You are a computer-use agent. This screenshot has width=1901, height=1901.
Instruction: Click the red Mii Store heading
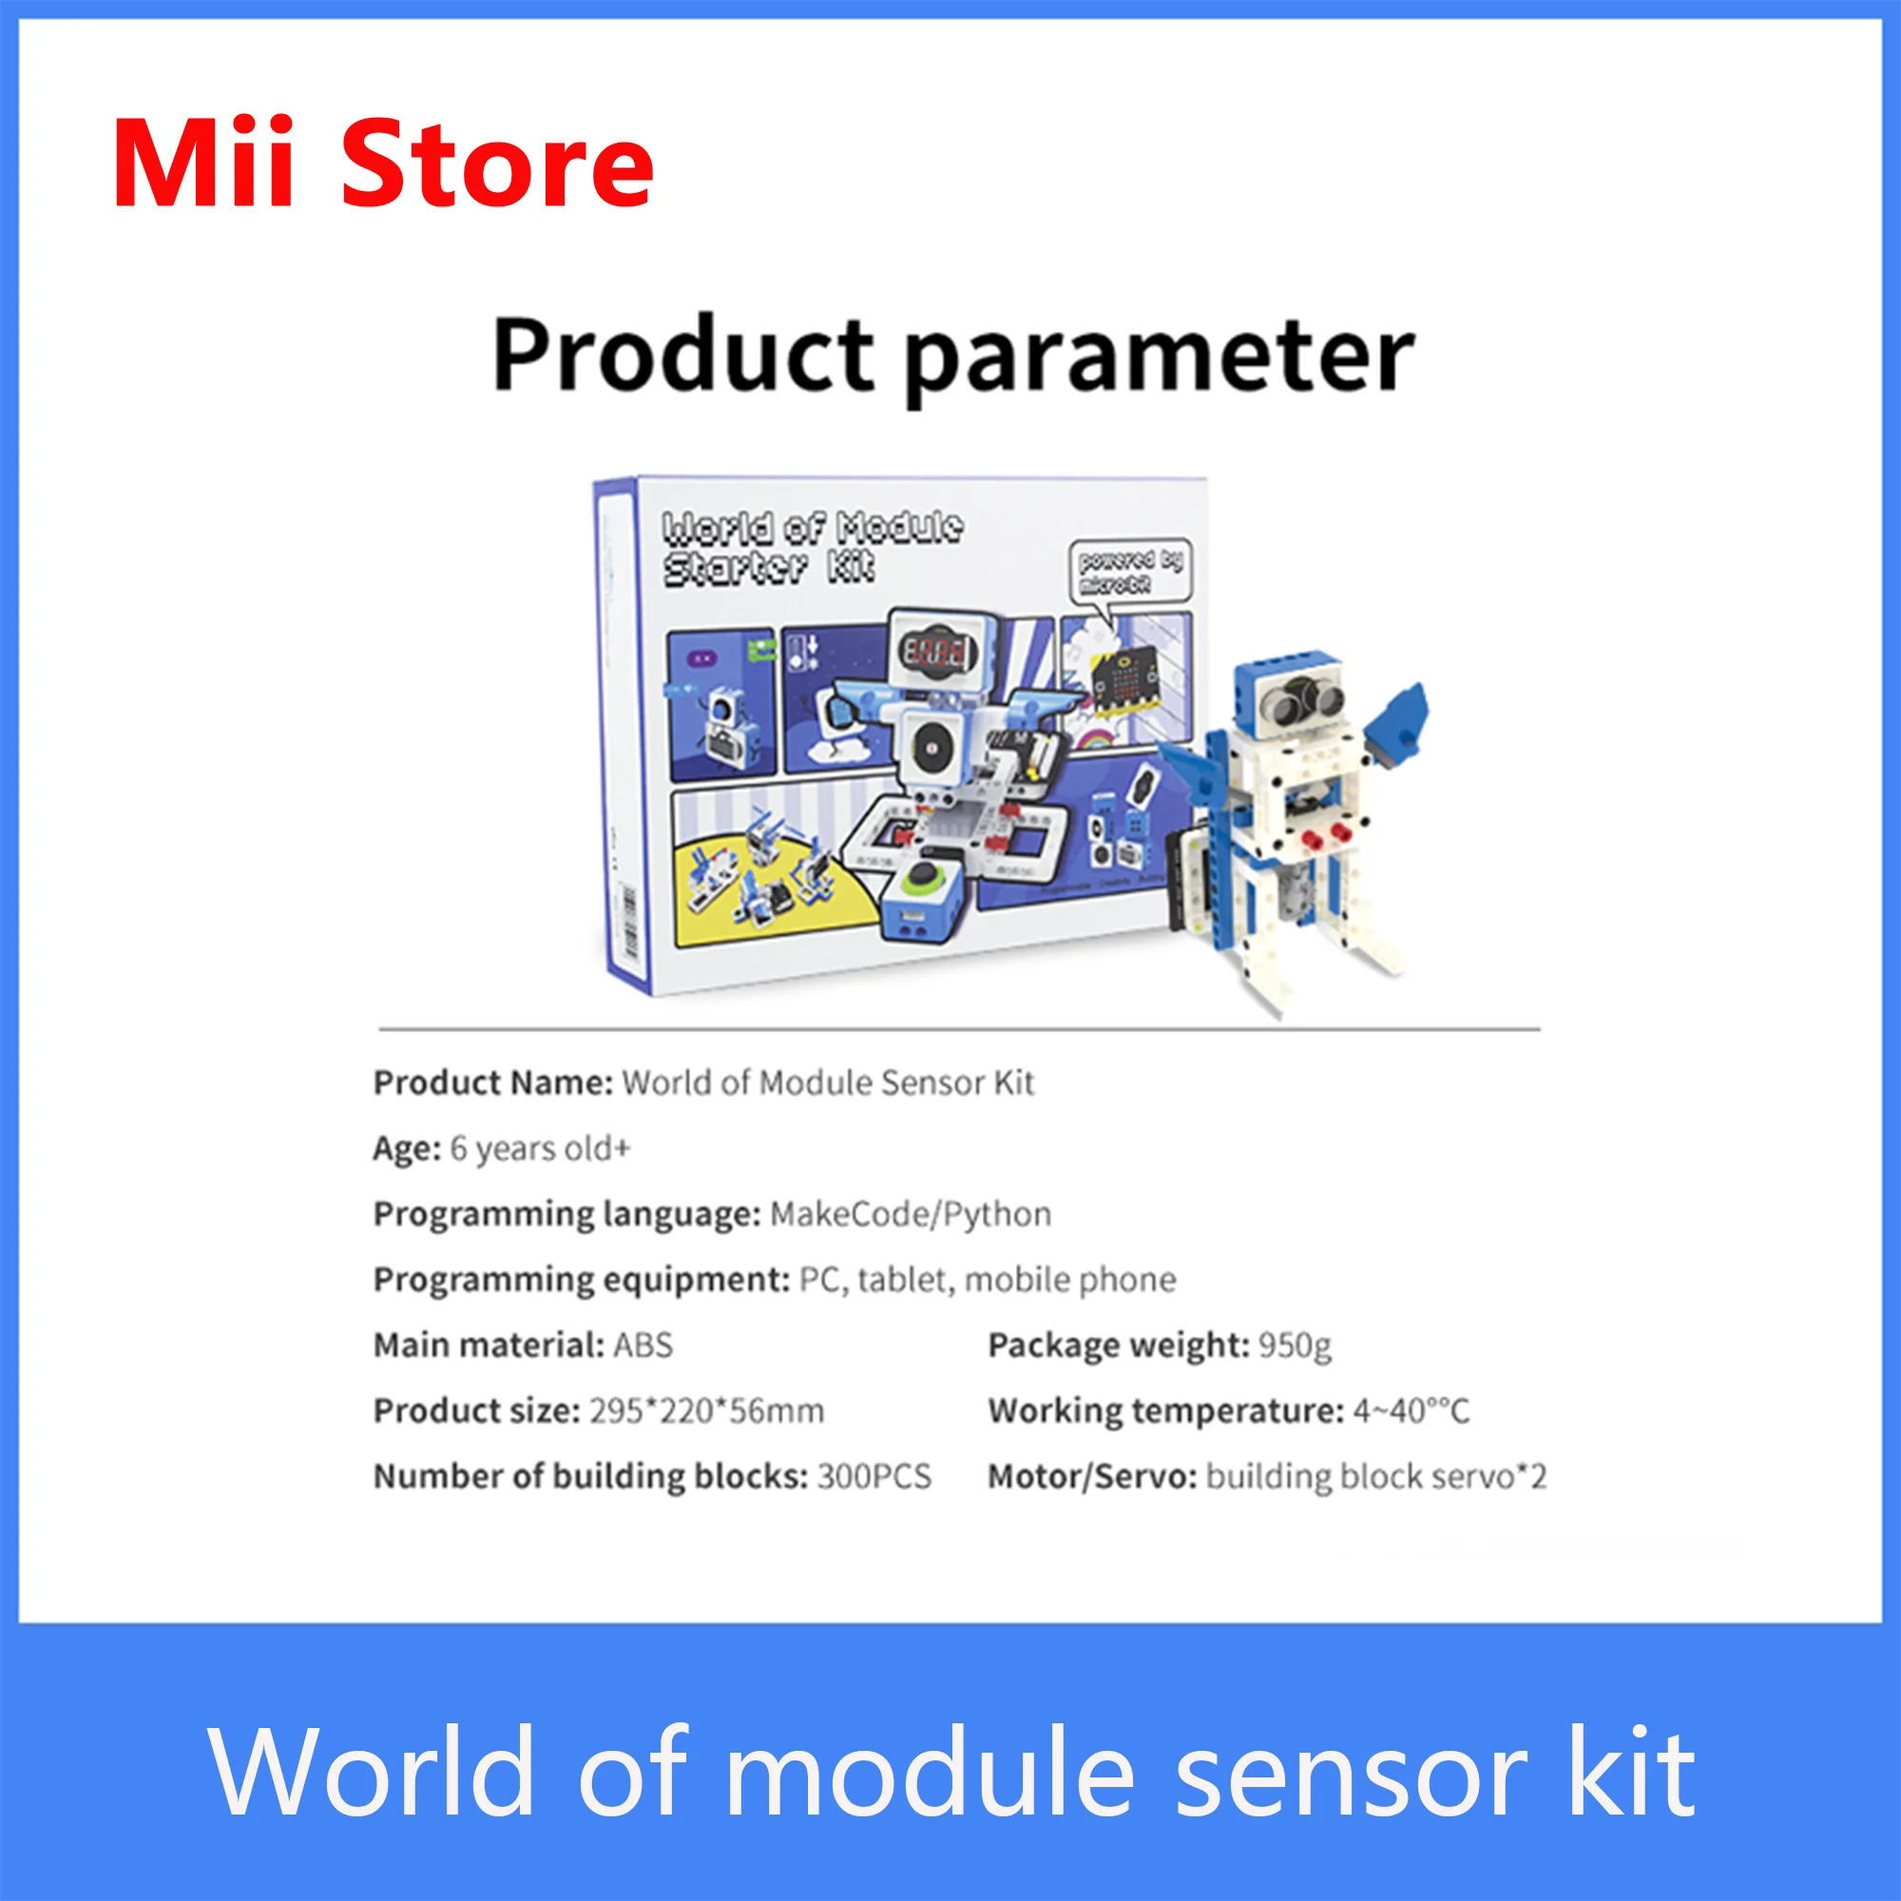[383, 163]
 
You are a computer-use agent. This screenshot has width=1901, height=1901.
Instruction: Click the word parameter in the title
[1159, 356]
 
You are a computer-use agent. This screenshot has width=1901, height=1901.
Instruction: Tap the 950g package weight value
[1295, 1345]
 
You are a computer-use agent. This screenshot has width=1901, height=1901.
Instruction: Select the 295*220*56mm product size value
[706, 1411]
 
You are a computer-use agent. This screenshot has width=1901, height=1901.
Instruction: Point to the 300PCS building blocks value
[874, 1476]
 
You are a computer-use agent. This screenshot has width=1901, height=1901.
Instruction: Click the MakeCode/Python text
[911, 1214]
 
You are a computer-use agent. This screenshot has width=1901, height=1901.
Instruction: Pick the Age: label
[407, 1148]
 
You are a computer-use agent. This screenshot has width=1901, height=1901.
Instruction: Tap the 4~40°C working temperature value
[1410, 1411]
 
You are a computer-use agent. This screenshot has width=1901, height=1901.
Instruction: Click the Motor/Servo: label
[1092, 1476]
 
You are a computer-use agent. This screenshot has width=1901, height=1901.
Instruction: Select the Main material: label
[488, 1345]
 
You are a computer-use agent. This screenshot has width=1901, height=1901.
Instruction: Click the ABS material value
[643, 1345]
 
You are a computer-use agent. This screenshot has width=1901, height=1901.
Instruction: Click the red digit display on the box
[934, 649]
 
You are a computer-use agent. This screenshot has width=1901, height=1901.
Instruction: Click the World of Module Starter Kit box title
[812, 547]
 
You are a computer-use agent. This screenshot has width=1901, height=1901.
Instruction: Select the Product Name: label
[493, 1083]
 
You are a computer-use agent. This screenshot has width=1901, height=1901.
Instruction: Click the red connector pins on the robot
[1325, 836]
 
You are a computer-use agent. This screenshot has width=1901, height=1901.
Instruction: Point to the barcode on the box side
[626, 921]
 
